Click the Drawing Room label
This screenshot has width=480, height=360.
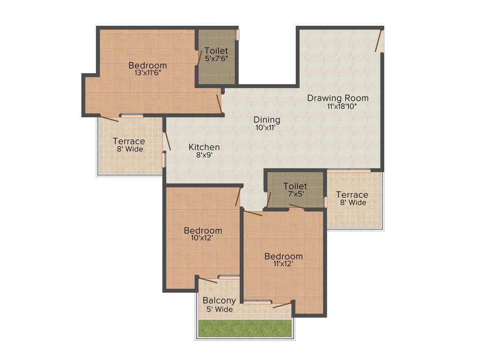coord(337,98)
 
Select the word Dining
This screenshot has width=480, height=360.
coord(267,120)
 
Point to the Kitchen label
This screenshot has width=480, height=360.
coord(204,147)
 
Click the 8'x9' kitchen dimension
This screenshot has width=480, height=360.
coord(204,155)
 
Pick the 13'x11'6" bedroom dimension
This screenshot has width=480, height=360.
coord(148,73)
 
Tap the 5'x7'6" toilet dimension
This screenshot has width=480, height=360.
coord(216,59)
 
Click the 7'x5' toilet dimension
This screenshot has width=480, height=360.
coord(295,194)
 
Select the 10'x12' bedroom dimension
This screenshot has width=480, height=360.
coord(202,238)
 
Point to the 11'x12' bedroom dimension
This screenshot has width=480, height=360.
coord(283,264)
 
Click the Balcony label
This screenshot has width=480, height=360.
coord(219,300)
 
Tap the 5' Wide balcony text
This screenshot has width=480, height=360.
coord(219,309)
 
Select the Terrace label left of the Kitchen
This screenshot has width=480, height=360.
coord(129,141)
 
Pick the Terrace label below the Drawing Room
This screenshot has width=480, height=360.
coord(352,195)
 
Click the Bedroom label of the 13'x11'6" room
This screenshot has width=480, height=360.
coord(148,65)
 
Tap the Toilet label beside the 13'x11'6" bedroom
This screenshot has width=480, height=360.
coord(216,51)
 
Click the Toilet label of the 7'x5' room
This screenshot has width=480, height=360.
coord(295,186)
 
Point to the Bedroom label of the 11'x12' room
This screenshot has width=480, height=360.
coord(283,256)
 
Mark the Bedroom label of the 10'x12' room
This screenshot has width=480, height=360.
coord(202,231)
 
